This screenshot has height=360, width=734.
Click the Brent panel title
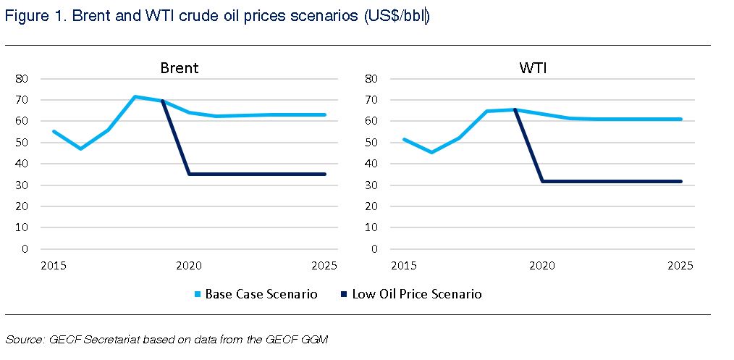pyautogui.click(x=180, y=68)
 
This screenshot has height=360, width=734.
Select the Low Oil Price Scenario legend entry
pyautogui.click(x=416, y=294)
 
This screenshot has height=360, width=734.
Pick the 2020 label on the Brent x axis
pyautogui.click(x=190, y=266)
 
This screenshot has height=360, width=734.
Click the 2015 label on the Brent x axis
pyautogui.click(x=54, y=266)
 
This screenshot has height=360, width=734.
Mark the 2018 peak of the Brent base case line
pyautogui.click(x=135, y=96)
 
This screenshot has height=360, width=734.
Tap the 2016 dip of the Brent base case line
pyautogui.click(x=80, y=148)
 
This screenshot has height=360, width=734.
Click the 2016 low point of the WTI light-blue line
pyautogui.click(x=431, y=152)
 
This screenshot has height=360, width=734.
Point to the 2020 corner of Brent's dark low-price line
pyautogui.click(x=190, y=174)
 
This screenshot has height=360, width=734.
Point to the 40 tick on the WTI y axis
pyautogui.click(x=374, y=164)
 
